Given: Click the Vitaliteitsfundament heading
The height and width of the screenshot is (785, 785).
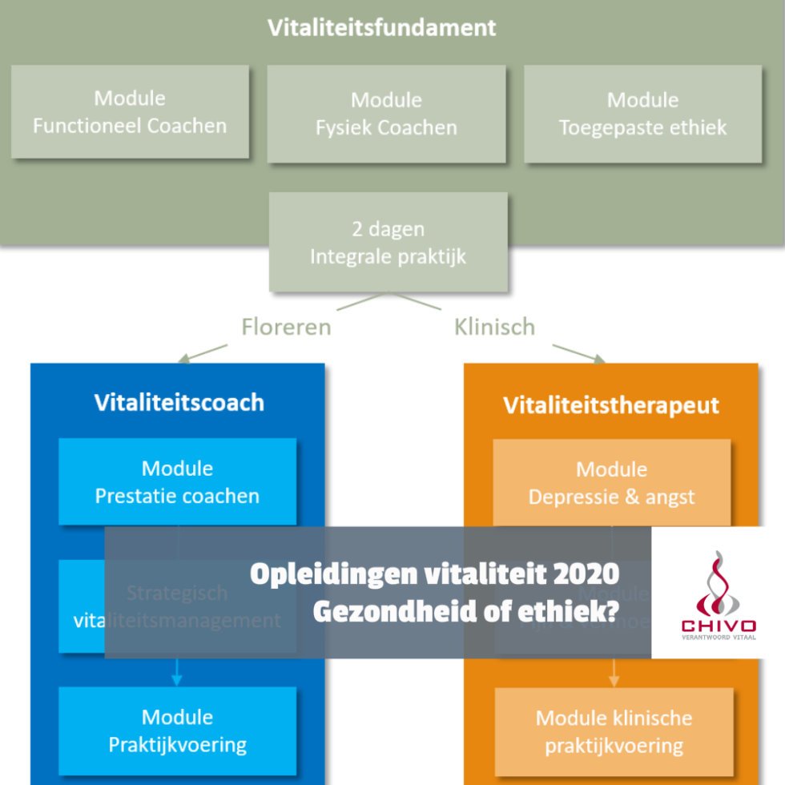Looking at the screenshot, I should point(381,27).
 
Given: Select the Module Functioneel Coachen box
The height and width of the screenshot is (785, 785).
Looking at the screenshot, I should point(130,112).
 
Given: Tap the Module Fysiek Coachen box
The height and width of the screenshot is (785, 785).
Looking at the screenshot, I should point(386,114).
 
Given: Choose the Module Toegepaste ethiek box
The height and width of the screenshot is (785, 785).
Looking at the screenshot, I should point(642,114).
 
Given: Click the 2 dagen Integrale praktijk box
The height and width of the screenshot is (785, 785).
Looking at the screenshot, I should point(388,242).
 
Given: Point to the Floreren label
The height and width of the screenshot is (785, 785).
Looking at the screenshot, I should point(286,327).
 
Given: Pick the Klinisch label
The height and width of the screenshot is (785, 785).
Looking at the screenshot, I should point(494,327).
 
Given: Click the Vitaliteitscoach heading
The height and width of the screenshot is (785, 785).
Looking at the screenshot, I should point(179,402).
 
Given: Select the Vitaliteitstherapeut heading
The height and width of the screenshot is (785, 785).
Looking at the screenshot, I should point(611,405).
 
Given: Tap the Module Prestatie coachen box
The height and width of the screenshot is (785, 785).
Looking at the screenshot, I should point(177,481).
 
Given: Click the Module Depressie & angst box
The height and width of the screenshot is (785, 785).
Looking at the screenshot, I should point(611,482).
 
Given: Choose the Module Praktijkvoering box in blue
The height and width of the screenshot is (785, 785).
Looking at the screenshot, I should point(177,730).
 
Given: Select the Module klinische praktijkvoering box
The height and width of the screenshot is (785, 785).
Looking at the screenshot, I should point(614,731).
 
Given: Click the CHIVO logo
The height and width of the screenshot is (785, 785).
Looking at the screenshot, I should point(718,593).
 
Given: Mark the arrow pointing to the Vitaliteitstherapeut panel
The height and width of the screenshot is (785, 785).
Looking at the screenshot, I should point(578,352).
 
